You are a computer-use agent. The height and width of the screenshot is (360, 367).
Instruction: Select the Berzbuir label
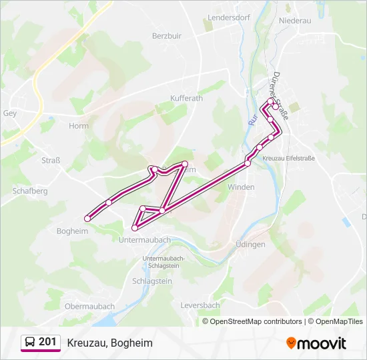167,35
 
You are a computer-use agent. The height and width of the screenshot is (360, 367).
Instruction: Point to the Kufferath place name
186,98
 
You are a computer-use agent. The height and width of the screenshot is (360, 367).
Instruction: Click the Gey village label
10,113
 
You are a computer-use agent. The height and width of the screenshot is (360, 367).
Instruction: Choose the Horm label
78,125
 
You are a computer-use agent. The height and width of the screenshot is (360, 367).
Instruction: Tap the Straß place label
51,160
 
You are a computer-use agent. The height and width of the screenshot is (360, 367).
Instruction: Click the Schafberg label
30,191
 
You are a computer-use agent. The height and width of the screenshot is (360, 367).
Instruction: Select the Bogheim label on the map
73,231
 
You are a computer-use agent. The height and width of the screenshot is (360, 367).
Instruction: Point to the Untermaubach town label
144,239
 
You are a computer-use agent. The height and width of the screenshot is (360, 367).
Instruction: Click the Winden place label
241,187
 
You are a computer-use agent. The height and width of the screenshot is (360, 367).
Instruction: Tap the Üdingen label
251,245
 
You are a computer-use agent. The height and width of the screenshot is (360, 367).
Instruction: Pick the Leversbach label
200,305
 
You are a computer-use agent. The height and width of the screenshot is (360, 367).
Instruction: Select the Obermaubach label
89,307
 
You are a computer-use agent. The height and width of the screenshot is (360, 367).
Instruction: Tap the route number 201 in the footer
47,342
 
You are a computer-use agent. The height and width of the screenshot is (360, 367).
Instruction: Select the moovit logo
316,343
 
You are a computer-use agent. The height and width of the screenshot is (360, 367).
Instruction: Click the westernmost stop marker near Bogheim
87,218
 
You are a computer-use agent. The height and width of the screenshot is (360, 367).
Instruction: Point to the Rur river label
252,120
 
